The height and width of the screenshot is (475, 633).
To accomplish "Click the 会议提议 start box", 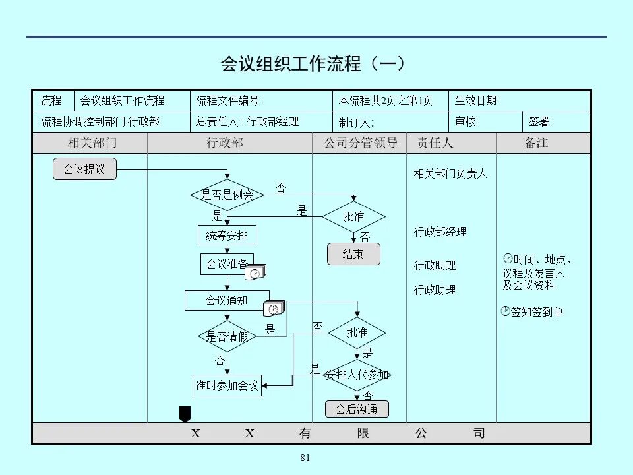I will coord(84,170).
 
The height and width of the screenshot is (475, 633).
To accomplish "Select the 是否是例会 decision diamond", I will coord(227,195).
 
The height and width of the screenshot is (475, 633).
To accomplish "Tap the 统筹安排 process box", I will coord(227,236).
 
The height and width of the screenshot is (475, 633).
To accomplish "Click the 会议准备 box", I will coord(227,265).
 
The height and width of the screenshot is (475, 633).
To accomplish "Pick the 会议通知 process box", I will coord(227,301).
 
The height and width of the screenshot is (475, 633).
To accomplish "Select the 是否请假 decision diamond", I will coord(227,336).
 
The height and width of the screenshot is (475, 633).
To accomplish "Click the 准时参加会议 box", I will coord(227,385).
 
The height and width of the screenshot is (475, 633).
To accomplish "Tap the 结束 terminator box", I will coord(353,254).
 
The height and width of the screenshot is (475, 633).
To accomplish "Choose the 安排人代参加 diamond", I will coord(357,375).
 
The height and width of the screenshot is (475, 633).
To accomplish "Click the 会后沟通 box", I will coord(357,409).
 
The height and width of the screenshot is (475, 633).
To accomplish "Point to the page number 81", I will coord(305,459).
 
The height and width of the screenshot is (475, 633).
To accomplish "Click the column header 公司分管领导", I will coord(361,143).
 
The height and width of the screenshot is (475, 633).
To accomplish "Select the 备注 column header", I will coord(536,143).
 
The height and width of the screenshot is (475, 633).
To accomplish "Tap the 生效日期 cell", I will coord(519,101).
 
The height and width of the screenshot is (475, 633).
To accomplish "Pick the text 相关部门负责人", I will coord(450,174).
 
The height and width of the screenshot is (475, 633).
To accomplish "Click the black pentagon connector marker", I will coord(185,414).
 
